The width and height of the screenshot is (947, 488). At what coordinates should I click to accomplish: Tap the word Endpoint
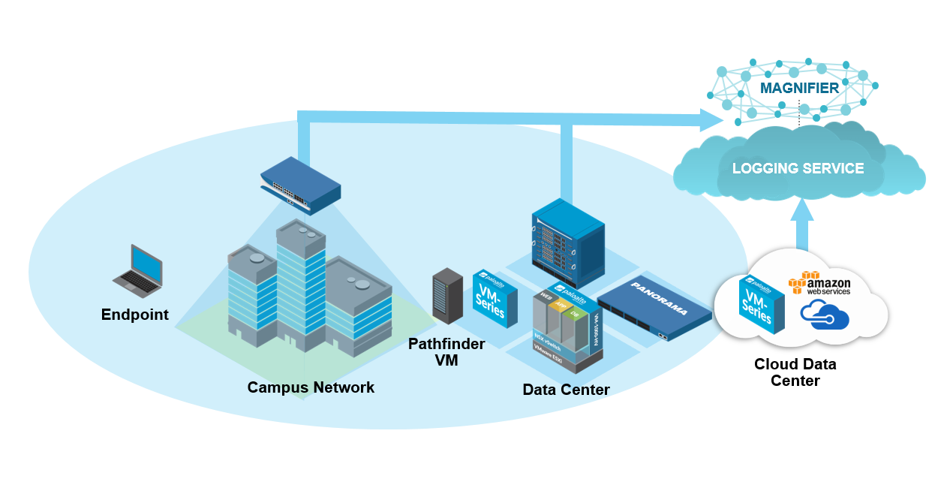pyautogui.click(x=135, y=315)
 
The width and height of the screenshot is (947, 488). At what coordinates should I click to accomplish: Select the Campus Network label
pyautogui.click(x=311, y=387)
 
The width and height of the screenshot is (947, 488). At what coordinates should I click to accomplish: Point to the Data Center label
pyautogui.click(x=566, y=390)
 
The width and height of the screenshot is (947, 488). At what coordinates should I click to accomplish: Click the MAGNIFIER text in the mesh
pyautogui.click(x=799, y=89)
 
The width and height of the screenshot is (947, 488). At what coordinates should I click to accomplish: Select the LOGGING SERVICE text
pyautogui.click(x=798, y=169)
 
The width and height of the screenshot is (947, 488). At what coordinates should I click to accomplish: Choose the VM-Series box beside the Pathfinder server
pyautogui.click(x=495, y=299)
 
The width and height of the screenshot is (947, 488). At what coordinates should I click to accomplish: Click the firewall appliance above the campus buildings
pyautogui.click(x=300, y=181)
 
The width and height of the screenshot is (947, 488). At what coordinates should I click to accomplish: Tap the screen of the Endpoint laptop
pyautogui.click(x=146, y=263)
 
